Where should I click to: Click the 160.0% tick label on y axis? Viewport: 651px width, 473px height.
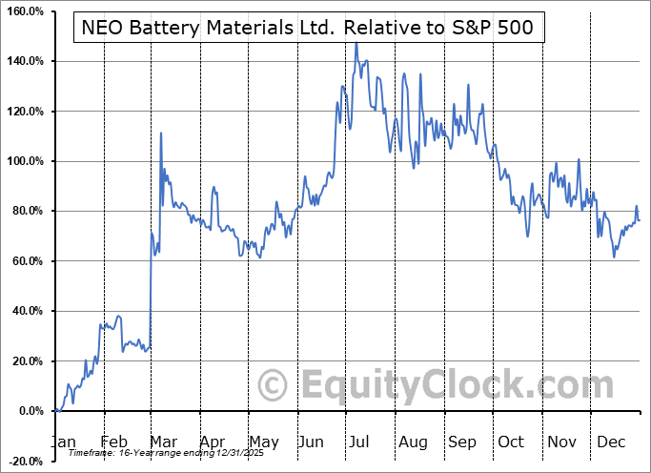coord(23,11)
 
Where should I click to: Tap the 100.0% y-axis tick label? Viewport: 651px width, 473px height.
coord(23,161)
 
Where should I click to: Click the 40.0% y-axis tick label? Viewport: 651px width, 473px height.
coord(26,311)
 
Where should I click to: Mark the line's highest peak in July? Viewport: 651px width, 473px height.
coord(356,43)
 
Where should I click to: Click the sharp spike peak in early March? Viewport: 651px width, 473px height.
coord(160,133)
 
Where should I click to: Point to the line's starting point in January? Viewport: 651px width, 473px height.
coord(55,411)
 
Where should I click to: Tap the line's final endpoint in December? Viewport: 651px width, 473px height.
coord(640,220)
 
